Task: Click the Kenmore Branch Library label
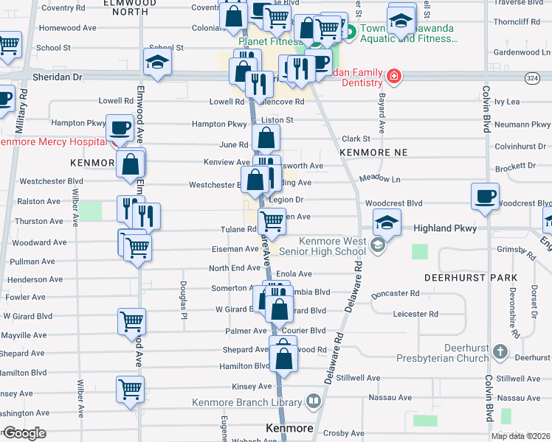pyautogui.click(x=246, y=402)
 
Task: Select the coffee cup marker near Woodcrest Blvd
pyautogui.click(x=486, y=197)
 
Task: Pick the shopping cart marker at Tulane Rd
pyautogui.click(x=272, y=220)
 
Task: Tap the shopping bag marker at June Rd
pyautogui.click(x=266, y=137)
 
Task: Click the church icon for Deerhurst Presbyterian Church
pyautogui.click(x=501, y=351)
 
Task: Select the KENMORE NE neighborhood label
pyautogui.click(x=373, y=152)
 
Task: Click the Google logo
pyautogui.click(x=24, y=433)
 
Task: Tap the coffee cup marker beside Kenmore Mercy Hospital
pyautogui.click(x=120, y=128)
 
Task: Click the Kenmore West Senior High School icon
pyautogui.click(x=379, y=245)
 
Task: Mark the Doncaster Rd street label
pyautogui.click(x=395, y=293)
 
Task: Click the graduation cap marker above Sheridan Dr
pyautogui.click(x=158, y=63)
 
